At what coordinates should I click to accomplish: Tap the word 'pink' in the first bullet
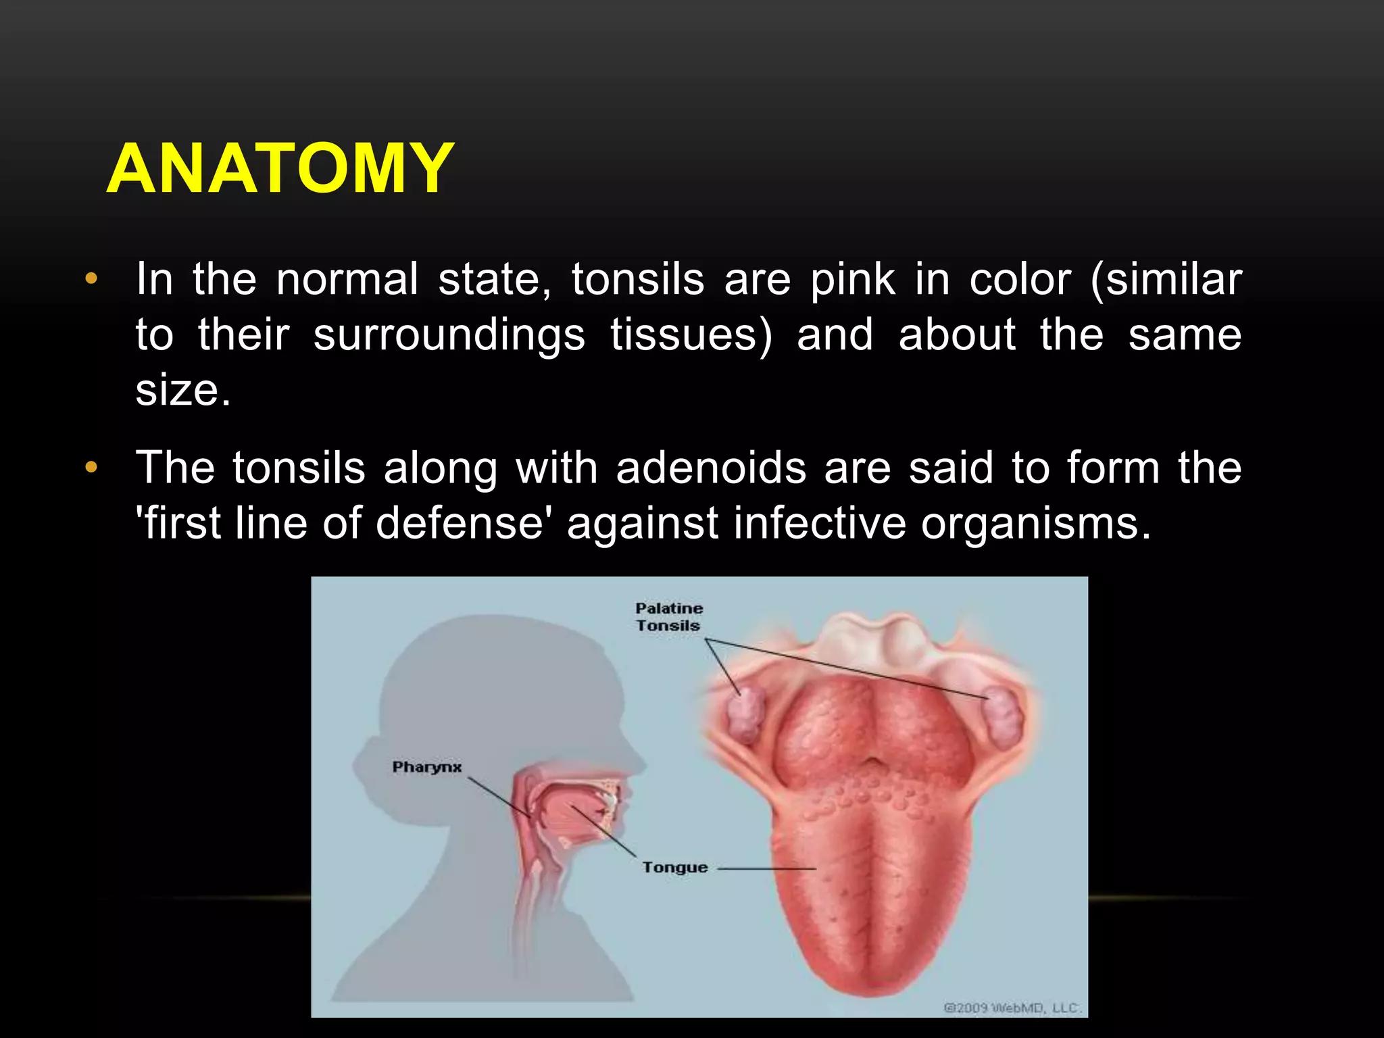point(852,279)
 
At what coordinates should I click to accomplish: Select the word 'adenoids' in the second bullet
point(711,468)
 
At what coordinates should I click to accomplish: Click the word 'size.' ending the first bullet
point(183,390)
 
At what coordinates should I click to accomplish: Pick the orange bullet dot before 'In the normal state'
point(91,279)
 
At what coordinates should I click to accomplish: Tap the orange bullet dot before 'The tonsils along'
point(91,468)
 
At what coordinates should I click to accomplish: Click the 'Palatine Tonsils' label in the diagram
point(668,617)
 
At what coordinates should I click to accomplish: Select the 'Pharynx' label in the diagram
point(426,767)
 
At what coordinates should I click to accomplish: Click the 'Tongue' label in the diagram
point(674,867)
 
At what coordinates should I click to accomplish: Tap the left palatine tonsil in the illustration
point(745,716)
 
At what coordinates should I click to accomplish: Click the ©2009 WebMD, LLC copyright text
point(1012,1008)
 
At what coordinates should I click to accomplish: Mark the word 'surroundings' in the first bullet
point(449,335)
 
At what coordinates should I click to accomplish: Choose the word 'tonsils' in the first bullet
point(638,279)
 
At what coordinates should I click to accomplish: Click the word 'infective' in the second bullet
point(819,523)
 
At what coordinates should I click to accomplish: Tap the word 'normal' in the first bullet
point(347,279)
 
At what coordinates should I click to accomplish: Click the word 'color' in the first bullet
point(1020,279)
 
